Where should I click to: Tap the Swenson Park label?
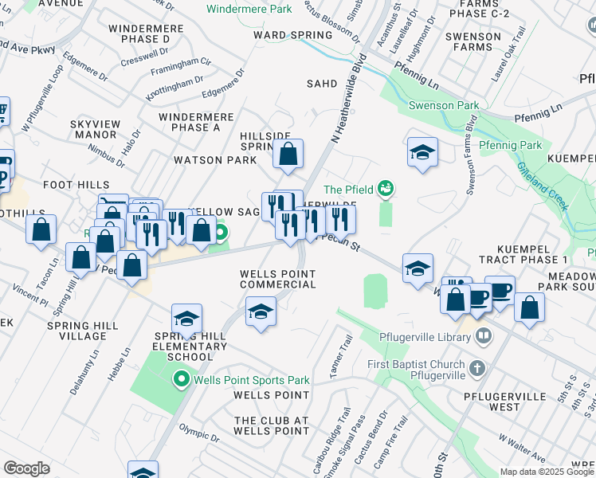pos(432,105)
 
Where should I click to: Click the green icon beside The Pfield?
pos(386,188)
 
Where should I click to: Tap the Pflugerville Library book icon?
pos(483,337)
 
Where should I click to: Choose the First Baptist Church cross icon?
pos(476,368)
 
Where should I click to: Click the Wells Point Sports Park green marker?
pos(182,379)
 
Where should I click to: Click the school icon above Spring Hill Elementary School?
pos(186,319)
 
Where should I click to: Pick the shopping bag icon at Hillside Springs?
pos(288,155)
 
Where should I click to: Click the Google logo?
pos(26,468)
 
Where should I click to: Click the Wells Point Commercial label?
pos(278,279)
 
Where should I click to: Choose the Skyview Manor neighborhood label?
pos(93,130)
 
